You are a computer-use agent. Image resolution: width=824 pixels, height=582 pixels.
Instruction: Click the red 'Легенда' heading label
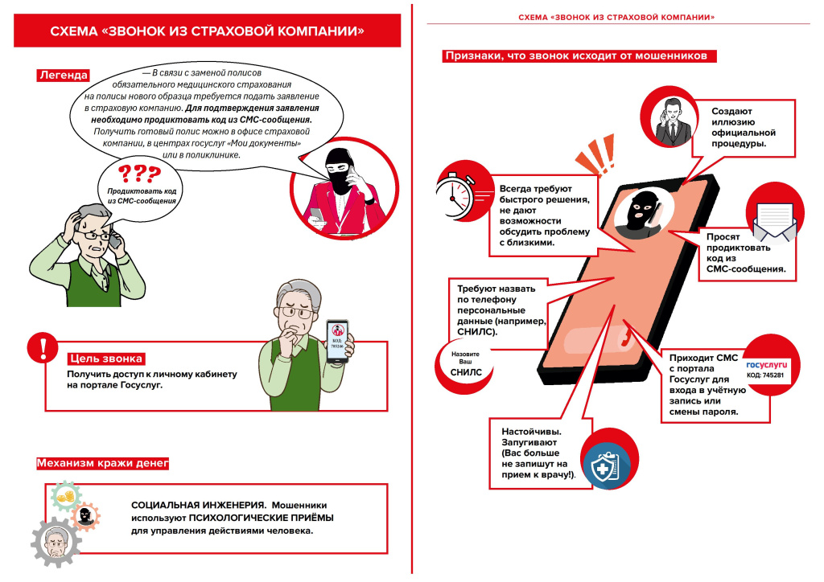[62, 76]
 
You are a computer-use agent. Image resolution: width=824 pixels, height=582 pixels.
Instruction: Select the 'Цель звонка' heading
[106, 359]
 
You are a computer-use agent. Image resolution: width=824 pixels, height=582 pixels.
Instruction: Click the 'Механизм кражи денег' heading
[102, 464]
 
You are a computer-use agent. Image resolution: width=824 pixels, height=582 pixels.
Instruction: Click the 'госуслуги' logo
[765, 363]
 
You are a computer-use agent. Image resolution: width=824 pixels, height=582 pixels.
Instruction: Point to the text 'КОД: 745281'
[765, 375]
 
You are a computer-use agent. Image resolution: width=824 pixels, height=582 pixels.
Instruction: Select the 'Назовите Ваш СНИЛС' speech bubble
[466, 363]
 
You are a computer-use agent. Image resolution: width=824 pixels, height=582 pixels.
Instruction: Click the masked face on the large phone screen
[642, 213]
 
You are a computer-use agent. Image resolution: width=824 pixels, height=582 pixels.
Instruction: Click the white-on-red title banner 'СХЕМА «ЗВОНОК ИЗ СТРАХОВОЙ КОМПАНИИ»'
[207, 31]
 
